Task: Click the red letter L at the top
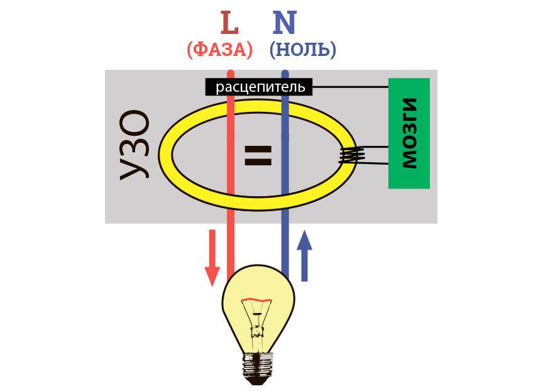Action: [x=230, y=23]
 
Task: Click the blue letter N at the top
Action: [x=284, y=23]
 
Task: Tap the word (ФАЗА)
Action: [x=220, y=50]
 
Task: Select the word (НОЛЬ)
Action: [x=302, y=50]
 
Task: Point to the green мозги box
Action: [x=409, y=133]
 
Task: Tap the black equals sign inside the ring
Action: [x=258, y=155]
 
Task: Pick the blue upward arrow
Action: [x=305, y=255]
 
